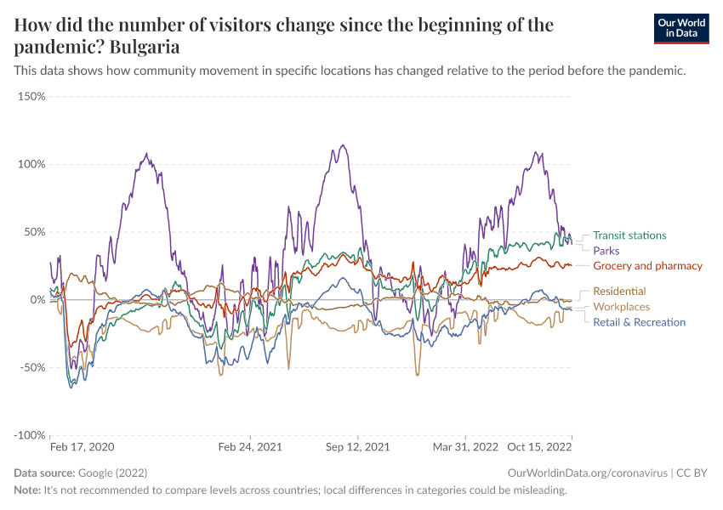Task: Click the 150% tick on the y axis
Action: coord(31,96)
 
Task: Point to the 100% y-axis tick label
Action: coord(31,164)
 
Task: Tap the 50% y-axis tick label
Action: coord(34,232)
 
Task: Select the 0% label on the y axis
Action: coord(37,300)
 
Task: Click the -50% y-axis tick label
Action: coord(31,367)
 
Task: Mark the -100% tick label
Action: coord(29,435)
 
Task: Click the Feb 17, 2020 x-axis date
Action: coord(82,446)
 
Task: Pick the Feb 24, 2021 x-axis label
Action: coord(250,446)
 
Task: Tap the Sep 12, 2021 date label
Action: coord(357,446)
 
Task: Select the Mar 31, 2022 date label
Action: coord(464,446)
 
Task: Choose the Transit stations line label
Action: coord(629,235)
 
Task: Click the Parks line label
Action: coord(606,251)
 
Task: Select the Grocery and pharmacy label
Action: coord(647,266)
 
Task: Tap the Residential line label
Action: coord(619,292)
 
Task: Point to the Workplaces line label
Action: coord(621,307)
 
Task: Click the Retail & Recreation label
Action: coord(639,322)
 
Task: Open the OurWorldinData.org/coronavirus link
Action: coord(586,473)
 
